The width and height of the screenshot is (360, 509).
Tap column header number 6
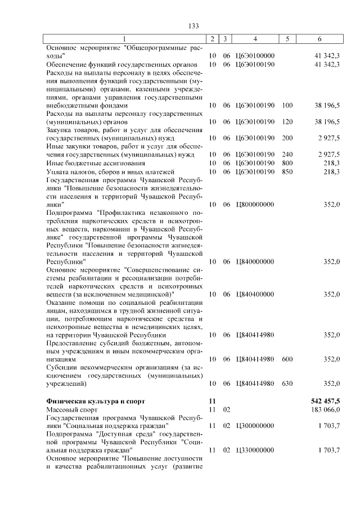319,39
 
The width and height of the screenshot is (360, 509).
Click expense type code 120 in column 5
287,121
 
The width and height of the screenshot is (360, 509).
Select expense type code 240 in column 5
287,154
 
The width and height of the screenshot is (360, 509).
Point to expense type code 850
287,171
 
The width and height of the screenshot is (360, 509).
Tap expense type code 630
287,384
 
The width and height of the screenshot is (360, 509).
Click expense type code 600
287,359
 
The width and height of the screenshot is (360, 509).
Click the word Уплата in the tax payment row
57,171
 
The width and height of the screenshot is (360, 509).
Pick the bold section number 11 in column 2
212,401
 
